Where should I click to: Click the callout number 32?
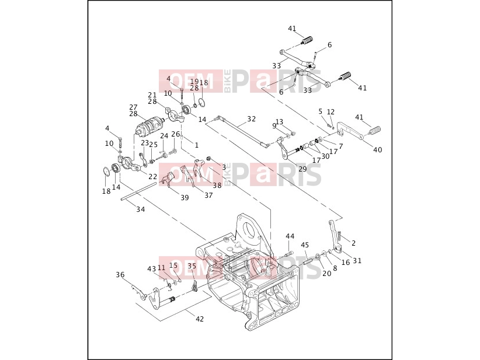pos(251,118)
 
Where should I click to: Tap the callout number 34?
pos(141,209)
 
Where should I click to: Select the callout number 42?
pos(199,319)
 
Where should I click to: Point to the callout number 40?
pos(377,149)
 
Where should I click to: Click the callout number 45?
pos(305,245)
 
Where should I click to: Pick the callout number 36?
pos(120,274)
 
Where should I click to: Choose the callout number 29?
pos(302,169)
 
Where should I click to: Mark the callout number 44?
pos(290,236)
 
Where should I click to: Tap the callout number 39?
pos(185,197)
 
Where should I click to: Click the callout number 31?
pos(357,261)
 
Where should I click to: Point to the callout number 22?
pos(152,176)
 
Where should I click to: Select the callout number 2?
pos(353,243)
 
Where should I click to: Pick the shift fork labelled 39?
pos(168,179)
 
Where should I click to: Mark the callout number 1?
pos(197,145)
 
